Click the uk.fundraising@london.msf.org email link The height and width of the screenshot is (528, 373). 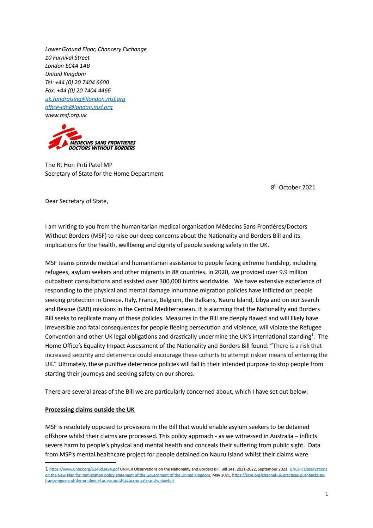tap(85, 99)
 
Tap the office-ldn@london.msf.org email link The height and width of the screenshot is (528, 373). tap(79, 107)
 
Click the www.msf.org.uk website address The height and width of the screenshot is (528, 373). tap(66, 115)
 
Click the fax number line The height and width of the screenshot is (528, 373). tap(78, 91)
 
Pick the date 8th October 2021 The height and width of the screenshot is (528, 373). tap(293, 188)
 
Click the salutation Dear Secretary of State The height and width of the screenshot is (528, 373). tap(77, 201)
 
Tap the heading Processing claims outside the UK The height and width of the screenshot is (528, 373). tap(90, 410)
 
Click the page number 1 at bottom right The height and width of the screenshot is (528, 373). tap(326, 494)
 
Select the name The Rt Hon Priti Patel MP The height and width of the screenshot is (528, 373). tap(79, 165)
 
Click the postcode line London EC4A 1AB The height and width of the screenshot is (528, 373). tap(67, 66)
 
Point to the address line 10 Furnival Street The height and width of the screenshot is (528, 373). tap(67, 58)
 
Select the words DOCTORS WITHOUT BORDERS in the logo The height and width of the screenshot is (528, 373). tap(102, 148)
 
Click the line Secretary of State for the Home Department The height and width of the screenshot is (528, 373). tap(104, 174)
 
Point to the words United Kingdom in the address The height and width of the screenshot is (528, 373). tap(66, 74)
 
